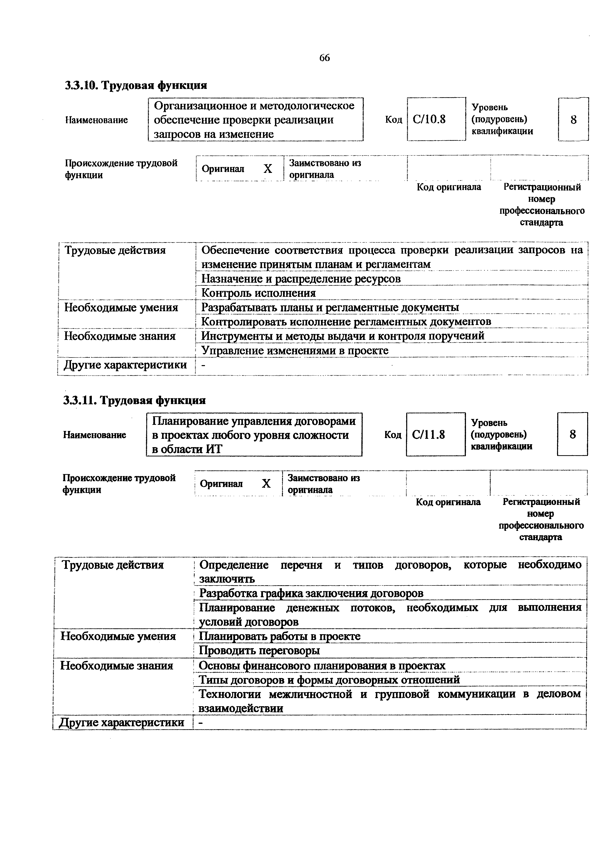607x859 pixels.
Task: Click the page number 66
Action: click(324, 58)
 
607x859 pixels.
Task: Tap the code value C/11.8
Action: click(428, 434)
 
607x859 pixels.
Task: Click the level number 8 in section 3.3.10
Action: click(573, 120)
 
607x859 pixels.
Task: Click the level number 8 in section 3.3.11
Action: click(572, 434)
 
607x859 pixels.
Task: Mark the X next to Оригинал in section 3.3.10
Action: click(268, 169)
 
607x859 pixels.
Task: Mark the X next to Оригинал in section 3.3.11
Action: click(266, 484)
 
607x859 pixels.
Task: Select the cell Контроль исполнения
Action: click(258, 293)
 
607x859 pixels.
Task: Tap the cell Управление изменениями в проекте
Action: click(295, 351)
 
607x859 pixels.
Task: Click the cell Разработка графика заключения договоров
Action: click(311, 593)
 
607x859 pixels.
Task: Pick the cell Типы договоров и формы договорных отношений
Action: click(329, 680)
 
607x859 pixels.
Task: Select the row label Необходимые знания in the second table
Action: click(117, 666)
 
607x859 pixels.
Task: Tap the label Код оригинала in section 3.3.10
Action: click(449, 187)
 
